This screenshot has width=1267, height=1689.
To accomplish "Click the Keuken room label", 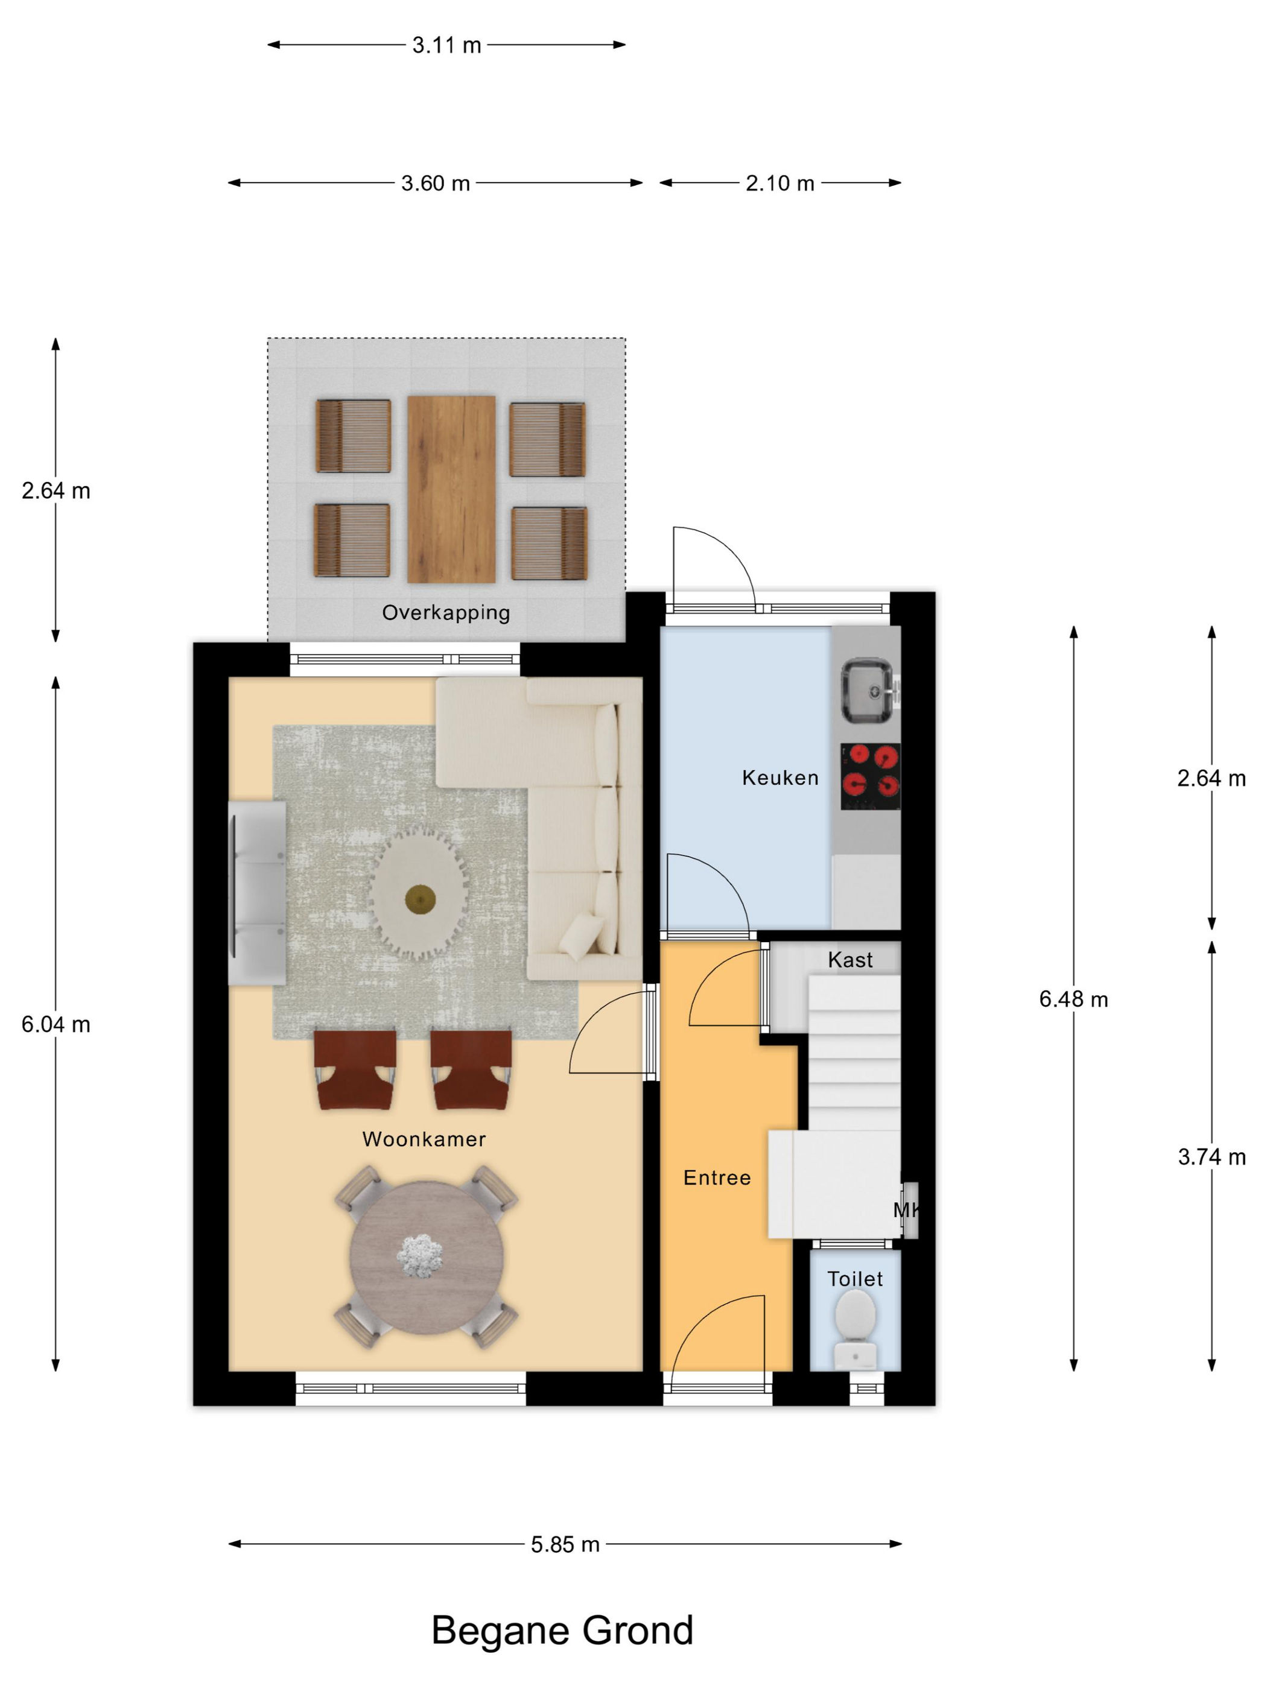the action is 780,778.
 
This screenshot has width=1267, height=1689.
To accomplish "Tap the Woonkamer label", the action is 424,1139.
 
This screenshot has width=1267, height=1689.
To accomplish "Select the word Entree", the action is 716,1177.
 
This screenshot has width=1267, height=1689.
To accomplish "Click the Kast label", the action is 850,960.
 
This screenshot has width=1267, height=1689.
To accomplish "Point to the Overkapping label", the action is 446,613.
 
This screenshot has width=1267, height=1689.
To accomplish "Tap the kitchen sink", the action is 868,691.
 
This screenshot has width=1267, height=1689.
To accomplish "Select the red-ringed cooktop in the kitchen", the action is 871,776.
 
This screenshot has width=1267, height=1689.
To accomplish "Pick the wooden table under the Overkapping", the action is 451,489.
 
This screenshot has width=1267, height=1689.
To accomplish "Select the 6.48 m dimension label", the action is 1073,1000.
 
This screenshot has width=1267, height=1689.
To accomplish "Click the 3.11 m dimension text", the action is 447,45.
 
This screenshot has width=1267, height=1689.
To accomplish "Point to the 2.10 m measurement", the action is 780,183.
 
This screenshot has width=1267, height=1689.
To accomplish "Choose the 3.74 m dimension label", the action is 1211,1157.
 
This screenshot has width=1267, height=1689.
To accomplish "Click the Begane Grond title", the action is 562,1631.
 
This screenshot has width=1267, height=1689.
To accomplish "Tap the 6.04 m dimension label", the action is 56,1025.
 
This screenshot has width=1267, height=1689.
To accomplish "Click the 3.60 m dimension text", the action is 436,183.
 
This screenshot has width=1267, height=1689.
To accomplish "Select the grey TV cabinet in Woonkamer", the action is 258,893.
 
